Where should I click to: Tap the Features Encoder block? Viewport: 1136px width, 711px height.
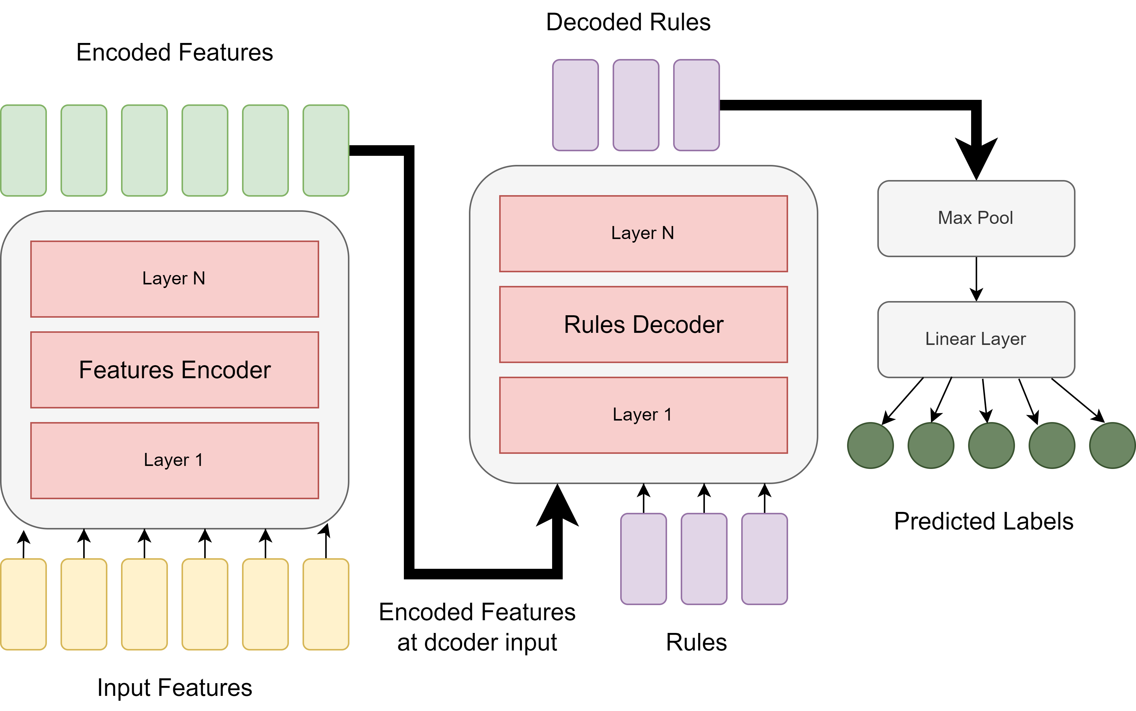pyautogui.click(x=175, y=370)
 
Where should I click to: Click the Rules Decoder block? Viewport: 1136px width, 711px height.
pyautogui.click(x=643, y=324)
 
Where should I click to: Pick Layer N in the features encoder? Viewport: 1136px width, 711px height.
pyautogui.click(x=175, y=279)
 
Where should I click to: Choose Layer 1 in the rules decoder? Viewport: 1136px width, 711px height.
pyautogui.click(x=643, y=415)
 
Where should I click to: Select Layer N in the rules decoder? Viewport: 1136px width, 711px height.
pyautogui.click(x=643, y=233)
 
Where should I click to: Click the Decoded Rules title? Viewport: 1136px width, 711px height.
pyautogui.click(x=628, y=22)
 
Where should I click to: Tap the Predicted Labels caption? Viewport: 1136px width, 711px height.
pyautogui.click(x=984, y=521)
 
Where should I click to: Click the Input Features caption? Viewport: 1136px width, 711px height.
pyautogui.click(x=175, y=687)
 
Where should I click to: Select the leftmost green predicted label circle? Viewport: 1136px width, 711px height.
pyautogui.click(x=870, y=445)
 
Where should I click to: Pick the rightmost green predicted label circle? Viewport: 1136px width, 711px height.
pyautogui.click(x=1112, y=445)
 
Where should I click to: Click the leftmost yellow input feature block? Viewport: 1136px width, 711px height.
pyautogui.click(x=24, y=604)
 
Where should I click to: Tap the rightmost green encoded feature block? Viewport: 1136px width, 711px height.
pyautogui.click(x=326, y=150)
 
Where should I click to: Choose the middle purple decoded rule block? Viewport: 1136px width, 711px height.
pyautogui.click(x=636, y=105)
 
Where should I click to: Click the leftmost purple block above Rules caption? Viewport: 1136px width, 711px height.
pyautogui.click(x=643, y=559)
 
